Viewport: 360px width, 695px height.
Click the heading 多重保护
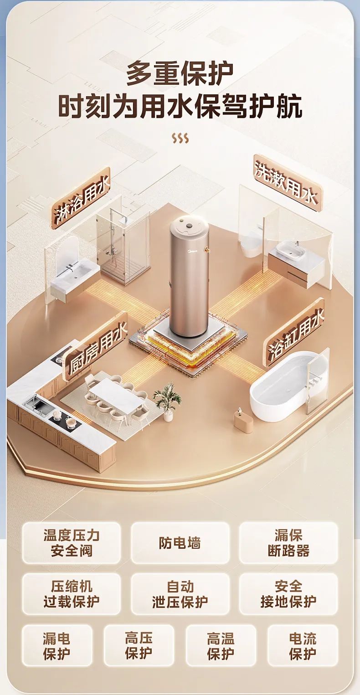point(180,73)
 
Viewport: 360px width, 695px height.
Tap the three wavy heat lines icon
point(180,139)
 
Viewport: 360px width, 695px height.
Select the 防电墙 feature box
point(180,543)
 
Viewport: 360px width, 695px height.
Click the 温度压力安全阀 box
point(72,543)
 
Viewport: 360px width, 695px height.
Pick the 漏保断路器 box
point(288,543)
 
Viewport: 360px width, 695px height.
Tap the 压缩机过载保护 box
point(72,594)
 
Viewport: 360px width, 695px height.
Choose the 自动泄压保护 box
point(180,594)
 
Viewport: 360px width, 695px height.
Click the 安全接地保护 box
point(288,594)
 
